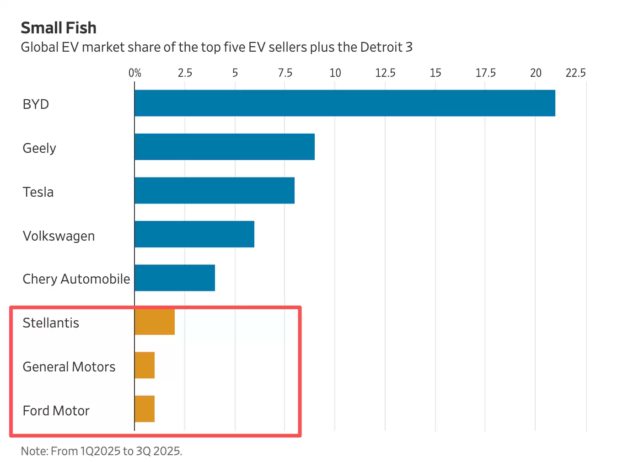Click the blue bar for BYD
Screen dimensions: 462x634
(345, 103)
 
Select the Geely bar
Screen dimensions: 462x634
(225, 147)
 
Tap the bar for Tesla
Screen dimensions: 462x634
(215, 190)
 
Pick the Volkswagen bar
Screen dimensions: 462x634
(194, 234)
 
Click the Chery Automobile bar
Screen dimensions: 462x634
(175, 278)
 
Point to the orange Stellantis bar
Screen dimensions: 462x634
(155, 322)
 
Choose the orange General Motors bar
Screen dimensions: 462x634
(145, 365)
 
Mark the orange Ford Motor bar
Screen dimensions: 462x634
(145, 409)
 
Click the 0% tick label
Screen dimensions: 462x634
(135, 73)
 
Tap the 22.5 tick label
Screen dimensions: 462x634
(575, 73)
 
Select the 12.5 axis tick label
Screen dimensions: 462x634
(385, 73)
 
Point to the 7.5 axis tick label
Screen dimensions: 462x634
(285, 73)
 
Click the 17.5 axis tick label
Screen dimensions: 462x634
(485, 73)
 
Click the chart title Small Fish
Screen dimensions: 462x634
(59, 28)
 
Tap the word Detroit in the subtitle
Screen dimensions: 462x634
(381, 47)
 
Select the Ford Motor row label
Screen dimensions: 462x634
(56, 411)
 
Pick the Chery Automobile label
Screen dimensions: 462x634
(76, 279)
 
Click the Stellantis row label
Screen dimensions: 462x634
(51, 323)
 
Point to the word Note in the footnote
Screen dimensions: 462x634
(34, 451)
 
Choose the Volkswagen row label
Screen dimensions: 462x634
(59, 236)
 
